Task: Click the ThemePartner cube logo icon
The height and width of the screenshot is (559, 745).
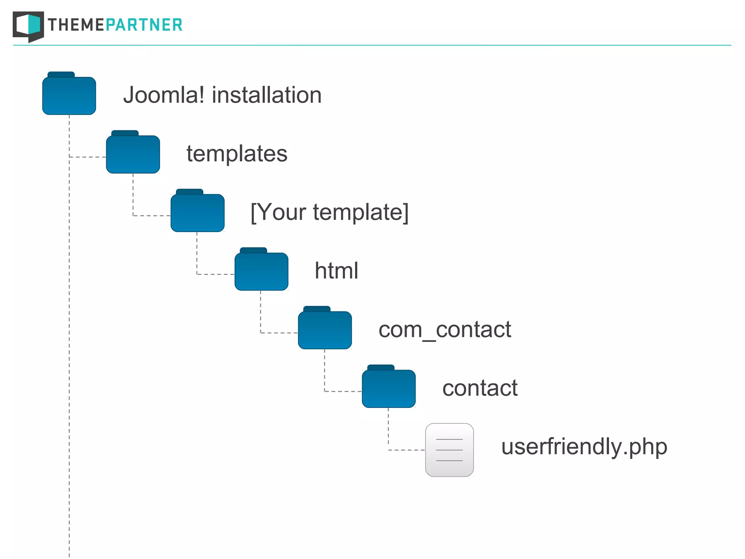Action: tap(28, 26)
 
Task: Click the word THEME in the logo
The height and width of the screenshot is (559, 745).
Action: tap(76, 25)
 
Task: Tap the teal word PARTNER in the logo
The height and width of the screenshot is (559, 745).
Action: tap(144, 25)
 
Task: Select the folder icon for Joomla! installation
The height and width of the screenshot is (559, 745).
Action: tap(69, 95)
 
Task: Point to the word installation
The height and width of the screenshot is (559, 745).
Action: tap(267, 95)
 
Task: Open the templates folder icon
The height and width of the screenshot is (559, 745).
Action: tap(133, 154)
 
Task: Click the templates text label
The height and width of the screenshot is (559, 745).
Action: tap(237, 154)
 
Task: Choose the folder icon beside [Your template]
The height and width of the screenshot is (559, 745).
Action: tap(198, 213)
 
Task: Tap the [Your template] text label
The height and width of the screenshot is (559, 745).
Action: tap(330, 212)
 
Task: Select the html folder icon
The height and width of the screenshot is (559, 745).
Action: tap(261, 271)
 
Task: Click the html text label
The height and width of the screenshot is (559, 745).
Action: tap(336, 271)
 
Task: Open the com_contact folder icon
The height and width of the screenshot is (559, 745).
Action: tap(325, 330)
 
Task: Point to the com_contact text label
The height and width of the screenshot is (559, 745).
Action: tap(445, 330)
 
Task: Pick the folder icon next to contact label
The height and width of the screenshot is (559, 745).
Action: tap(389, 389)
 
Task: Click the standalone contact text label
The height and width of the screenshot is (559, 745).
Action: tap(480, 388)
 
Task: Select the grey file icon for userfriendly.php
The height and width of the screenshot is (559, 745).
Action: tap(449, 450)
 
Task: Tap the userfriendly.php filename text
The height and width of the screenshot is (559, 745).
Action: tap(584, 447)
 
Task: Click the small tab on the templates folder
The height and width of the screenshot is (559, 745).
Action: tap(125, 133)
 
